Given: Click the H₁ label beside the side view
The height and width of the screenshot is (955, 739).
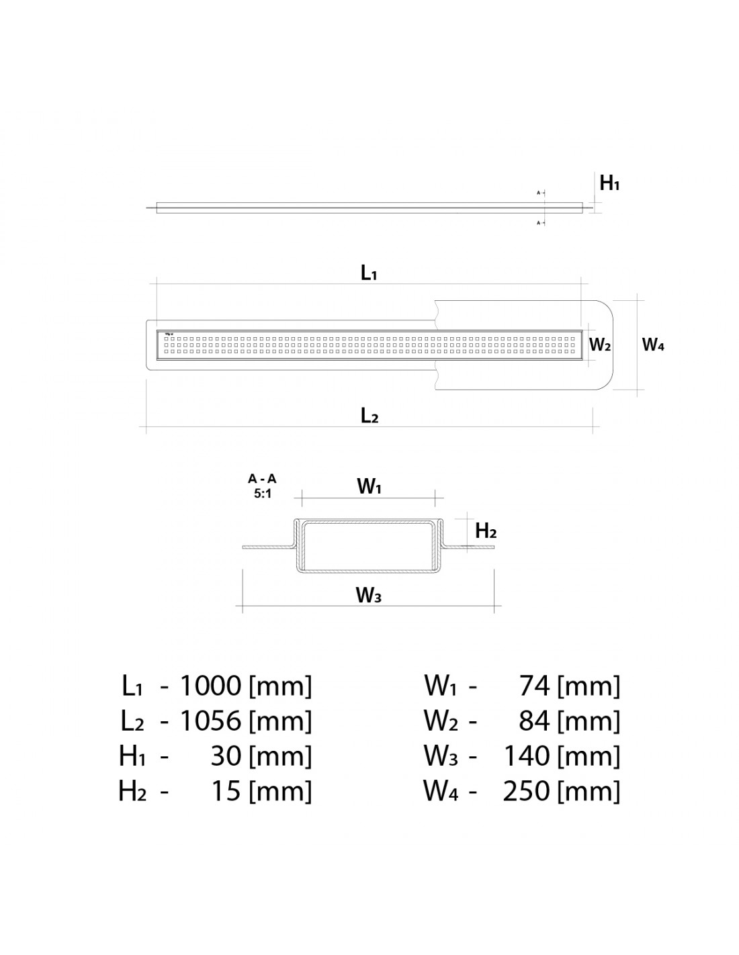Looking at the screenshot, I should (609, 183).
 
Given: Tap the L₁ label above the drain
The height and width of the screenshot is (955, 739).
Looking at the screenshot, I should (369, 273).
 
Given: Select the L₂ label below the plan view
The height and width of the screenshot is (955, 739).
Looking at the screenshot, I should (369, 416).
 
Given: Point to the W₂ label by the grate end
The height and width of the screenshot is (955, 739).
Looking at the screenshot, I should (599, 345).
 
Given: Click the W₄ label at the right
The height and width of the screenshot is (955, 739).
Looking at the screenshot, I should (653, 345).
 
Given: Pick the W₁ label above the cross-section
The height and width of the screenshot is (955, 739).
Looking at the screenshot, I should (369, 487).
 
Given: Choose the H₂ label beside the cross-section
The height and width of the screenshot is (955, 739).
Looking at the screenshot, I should (485, 531).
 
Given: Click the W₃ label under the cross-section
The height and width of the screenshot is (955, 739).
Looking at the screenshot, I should (369, 595).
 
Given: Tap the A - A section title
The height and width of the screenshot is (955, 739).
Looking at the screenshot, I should (262, 479).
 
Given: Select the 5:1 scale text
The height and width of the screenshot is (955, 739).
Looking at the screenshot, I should (262, 492).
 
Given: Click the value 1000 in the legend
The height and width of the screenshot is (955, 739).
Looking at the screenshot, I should (210, 686).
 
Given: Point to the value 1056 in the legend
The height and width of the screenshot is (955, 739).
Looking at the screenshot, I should (210, 721).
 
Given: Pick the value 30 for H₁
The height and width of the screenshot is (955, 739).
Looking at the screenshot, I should (226, 756).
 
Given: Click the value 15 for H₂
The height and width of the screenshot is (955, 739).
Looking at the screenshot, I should (226, 790).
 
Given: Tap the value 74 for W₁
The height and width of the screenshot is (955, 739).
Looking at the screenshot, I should (535, 686).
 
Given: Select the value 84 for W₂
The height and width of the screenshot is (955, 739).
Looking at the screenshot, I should (535, 721).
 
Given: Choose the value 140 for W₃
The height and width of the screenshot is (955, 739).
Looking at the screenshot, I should (527, 756).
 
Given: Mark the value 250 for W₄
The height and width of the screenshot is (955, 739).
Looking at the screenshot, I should (527, 790).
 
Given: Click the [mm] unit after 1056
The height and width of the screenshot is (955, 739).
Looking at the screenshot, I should (280, 721).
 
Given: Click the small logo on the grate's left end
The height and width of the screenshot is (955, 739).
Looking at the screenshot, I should (168, 333).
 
